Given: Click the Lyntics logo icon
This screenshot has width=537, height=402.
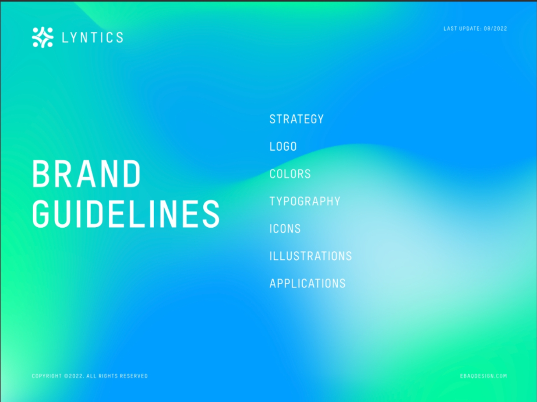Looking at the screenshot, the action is [42, 37].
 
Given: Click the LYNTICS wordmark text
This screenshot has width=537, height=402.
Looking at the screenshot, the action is [92, 38].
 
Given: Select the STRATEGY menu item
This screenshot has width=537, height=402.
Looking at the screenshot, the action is [297, 119].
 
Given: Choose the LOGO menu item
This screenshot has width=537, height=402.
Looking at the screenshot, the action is [283, 146].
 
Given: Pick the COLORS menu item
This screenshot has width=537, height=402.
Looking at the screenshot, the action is [290, 174].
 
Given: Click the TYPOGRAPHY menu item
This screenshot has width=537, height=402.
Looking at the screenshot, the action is [305, 201].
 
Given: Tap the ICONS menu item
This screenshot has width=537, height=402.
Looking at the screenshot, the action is [285, 229].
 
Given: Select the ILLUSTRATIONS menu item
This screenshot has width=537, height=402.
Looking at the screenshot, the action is [311, 256].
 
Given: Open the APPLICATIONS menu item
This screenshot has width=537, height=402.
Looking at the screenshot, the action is [307, 283].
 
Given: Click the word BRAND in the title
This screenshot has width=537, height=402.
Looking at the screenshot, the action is [87, 173].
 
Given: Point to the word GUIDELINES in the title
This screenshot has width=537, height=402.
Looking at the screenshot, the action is [126, 213].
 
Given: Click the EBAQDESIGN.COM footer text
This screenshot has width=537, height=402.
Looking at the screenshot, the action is [484, 376].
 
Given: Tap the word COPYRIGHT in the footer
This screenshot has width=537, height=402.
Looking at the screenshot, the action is [47, 376].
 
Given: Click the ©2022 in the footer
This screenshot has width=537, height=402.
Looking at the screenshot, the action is [74, 376].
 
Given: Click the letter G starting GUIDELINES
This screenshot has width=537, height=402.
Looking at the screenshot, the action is [40, 213].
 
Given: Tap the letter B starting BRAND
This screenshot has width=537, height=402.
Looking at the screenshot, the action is [39, 173].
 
